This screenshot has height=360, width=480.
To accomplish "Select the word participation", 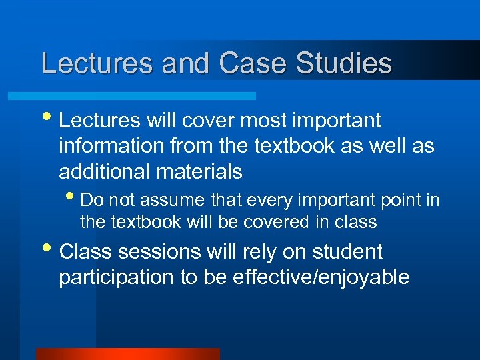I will coord(117,277).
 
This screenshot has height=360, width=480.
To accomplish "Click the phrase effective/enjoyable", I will coord(321,277).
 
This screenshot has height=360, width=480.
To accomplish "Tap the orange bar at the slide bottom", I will coord(127,354).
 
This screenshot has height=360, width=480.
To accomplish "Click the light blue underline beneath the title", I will coord(147,96).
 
